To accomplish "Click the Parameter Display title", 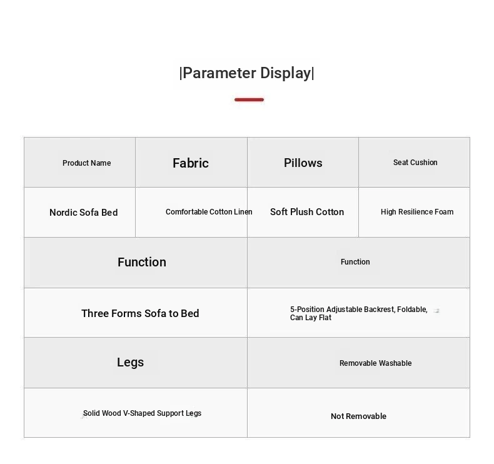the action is tap(246, 73).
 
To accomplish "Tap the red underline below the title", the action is tap(250, 99).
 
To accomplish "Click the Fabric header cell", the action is tap(191, 163).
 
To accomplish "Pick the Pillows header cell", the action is tap(303, 163).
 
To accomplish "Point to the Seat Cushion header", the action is tap(415, 162).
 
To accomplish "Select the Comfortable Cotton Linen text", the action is tap(209, 212).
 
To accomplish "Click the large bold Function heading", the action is tap(142, 262).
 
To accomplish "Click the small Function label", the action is tap(355, 262).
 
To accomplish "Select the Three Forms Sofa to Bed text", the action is tap(140, 313).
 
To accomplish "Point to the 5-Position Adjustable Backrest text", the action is tap(358, 310).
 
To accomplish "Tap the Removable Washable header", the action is tap(376, 363).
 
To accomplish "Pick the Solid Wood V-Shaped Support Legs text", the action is tap(142, 413).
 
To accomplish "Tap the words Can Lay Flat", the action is tap(311, 318).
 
